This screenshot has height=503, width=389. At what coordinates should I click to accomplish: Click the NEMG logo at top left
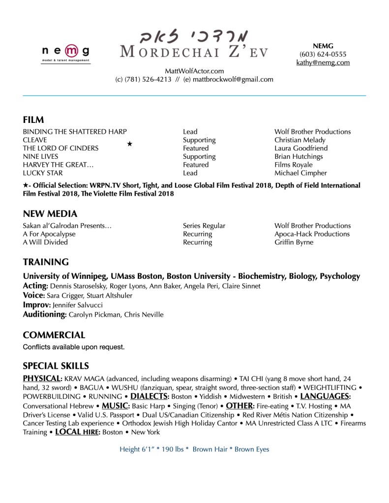tap(65, 53)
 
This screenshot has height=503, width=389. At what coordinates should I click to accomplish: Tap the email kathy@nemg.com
tap(323, 62)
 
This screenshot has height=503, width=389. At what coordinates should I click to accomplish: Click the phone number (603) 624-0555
tap(323, 54)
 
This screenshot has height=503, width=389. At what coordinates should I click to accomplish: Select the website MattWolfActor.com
tap(194, 71)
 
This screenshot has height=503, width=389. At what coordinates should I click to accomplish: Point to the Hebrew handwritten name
tap(194, 37)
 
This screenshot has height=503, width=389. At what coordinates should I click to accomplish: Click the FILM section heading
tap(33, 120)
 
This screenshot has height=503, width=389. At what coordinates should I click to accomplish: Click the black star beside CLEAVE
tap(129, 144)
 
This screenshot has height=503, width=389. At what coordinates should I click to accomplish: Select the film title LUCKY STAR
tap(42, 173)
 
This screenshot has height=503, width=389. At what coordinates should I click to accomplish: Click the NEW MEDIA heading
tap(50, 214)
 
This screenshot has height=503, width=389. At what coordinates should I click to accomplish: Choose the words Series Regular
tap(204, 226)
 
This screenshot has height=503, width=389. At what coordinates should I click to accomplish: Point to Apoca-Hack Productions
tap(312, 234)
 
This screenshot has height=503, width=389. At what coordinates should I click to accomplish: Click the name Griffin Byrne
tap(294, 242)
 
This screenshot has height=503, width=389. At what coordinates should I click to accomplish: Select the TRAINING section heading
tap(46, 262)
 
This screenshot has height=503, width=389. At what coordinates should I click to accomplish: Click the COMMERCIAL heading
tap(54, 335)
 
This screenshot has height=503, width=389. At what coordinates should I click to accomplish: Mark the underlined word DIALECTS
tap(149, 396)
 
